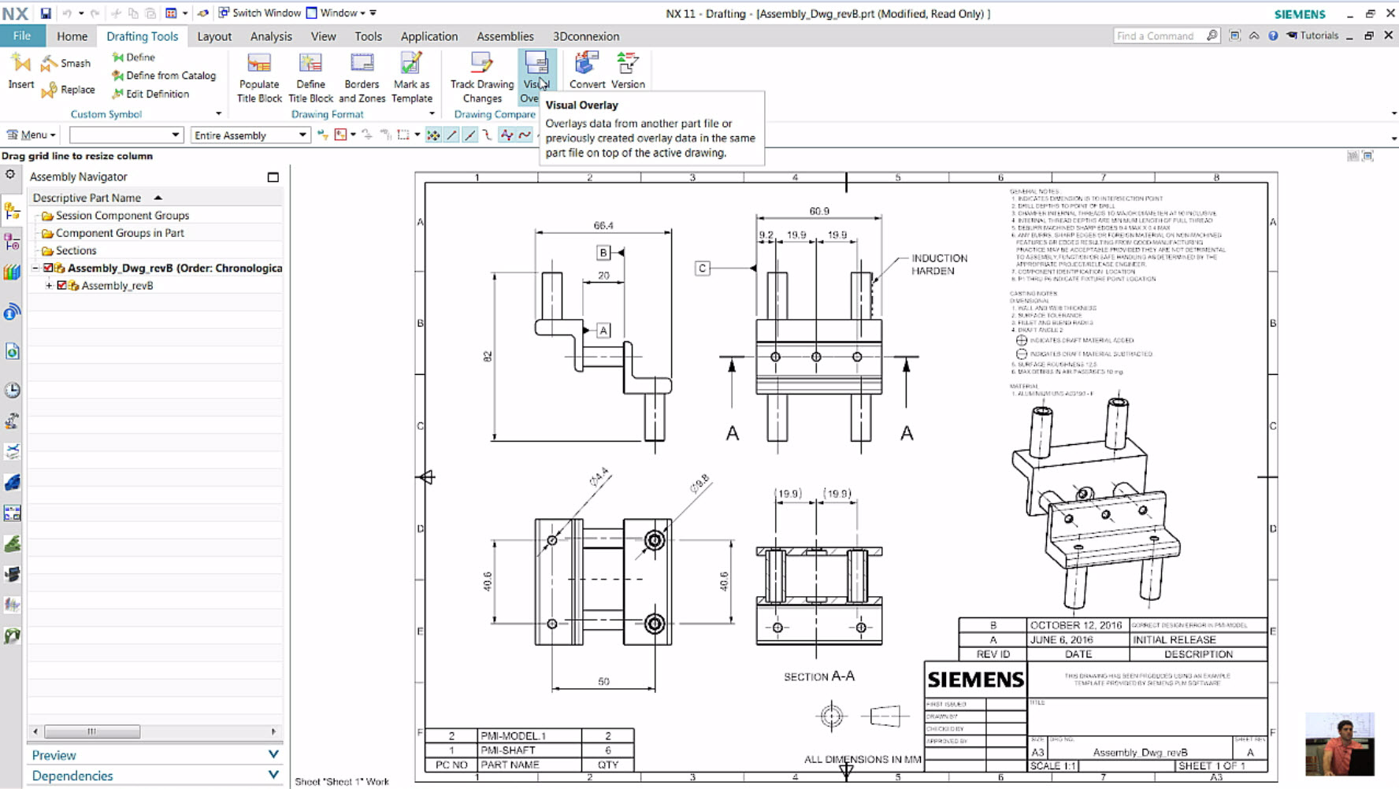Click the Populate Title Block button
tap(259, 77)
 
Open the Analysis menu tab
tap(271, 36)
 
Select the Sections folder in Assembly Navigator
tap(76, 250)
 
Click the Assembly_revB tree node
tap(117, 286)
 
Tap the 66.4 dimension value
tap(603, 225)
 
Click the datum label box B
tap(603, 253)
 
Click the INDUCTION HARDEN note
tap(939, 265)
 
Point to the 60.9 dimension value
tap(819, 211)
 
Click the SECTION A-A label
tap(819, 676)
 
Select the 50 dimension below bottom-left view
tap(603, 681)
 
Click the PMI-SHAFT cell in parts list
tap(508, 750)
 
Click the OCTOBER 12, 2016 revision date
tap(1076, 625)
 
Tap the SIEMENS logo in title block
tap(975, 680)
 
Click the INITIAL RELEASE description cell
tap(1174, 639)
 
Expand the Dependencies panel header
tap(155, 776)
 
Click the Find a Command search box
tap(1156, 36)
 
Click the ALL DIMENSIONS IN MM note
tap(862, 759)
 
